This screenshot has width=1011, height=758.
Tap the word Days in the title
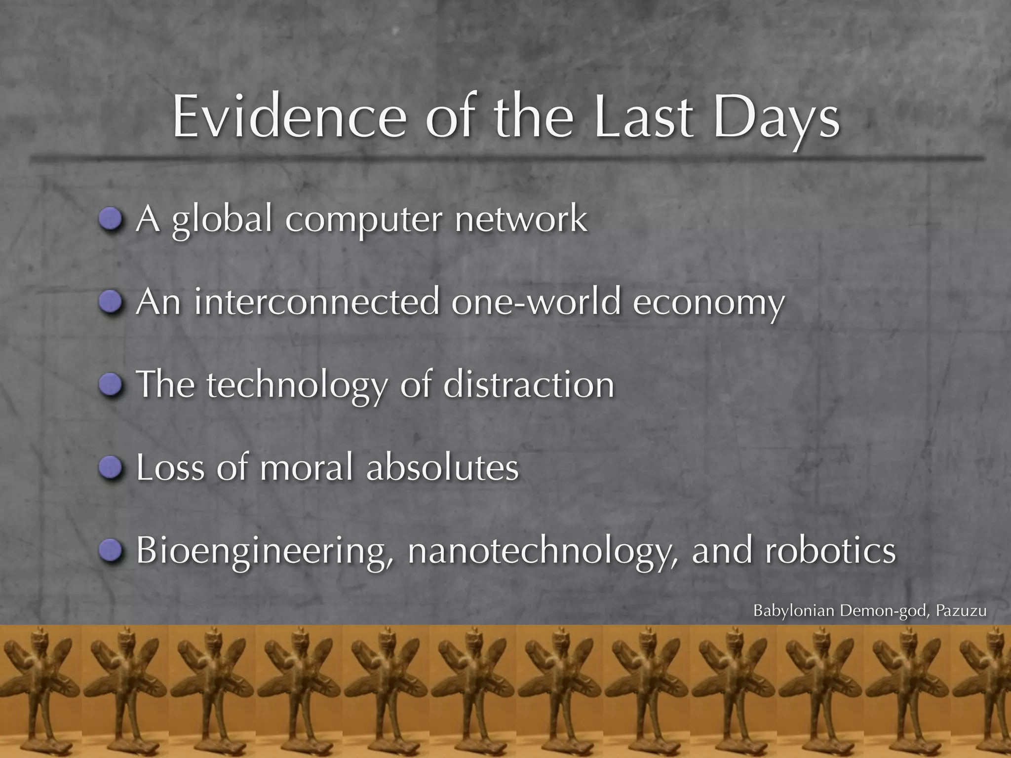pos(776,118)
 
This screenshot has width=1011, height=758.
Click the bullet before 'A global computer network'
pos(110,219)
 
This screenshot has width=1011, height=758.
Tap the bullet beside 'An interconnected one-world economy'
pos(110,302)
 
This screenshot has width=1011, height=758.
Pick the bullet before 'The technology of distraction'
pos(110,384)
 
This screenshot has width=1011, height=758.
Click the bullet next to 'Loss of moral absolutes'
pos(110,467)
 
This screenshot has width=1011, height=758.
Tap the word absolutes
pos(442,467)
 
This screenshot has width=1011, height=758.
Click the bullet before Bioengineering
pos(110,550)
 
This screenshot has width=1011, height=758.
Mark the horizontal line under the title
pos(505,158)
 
